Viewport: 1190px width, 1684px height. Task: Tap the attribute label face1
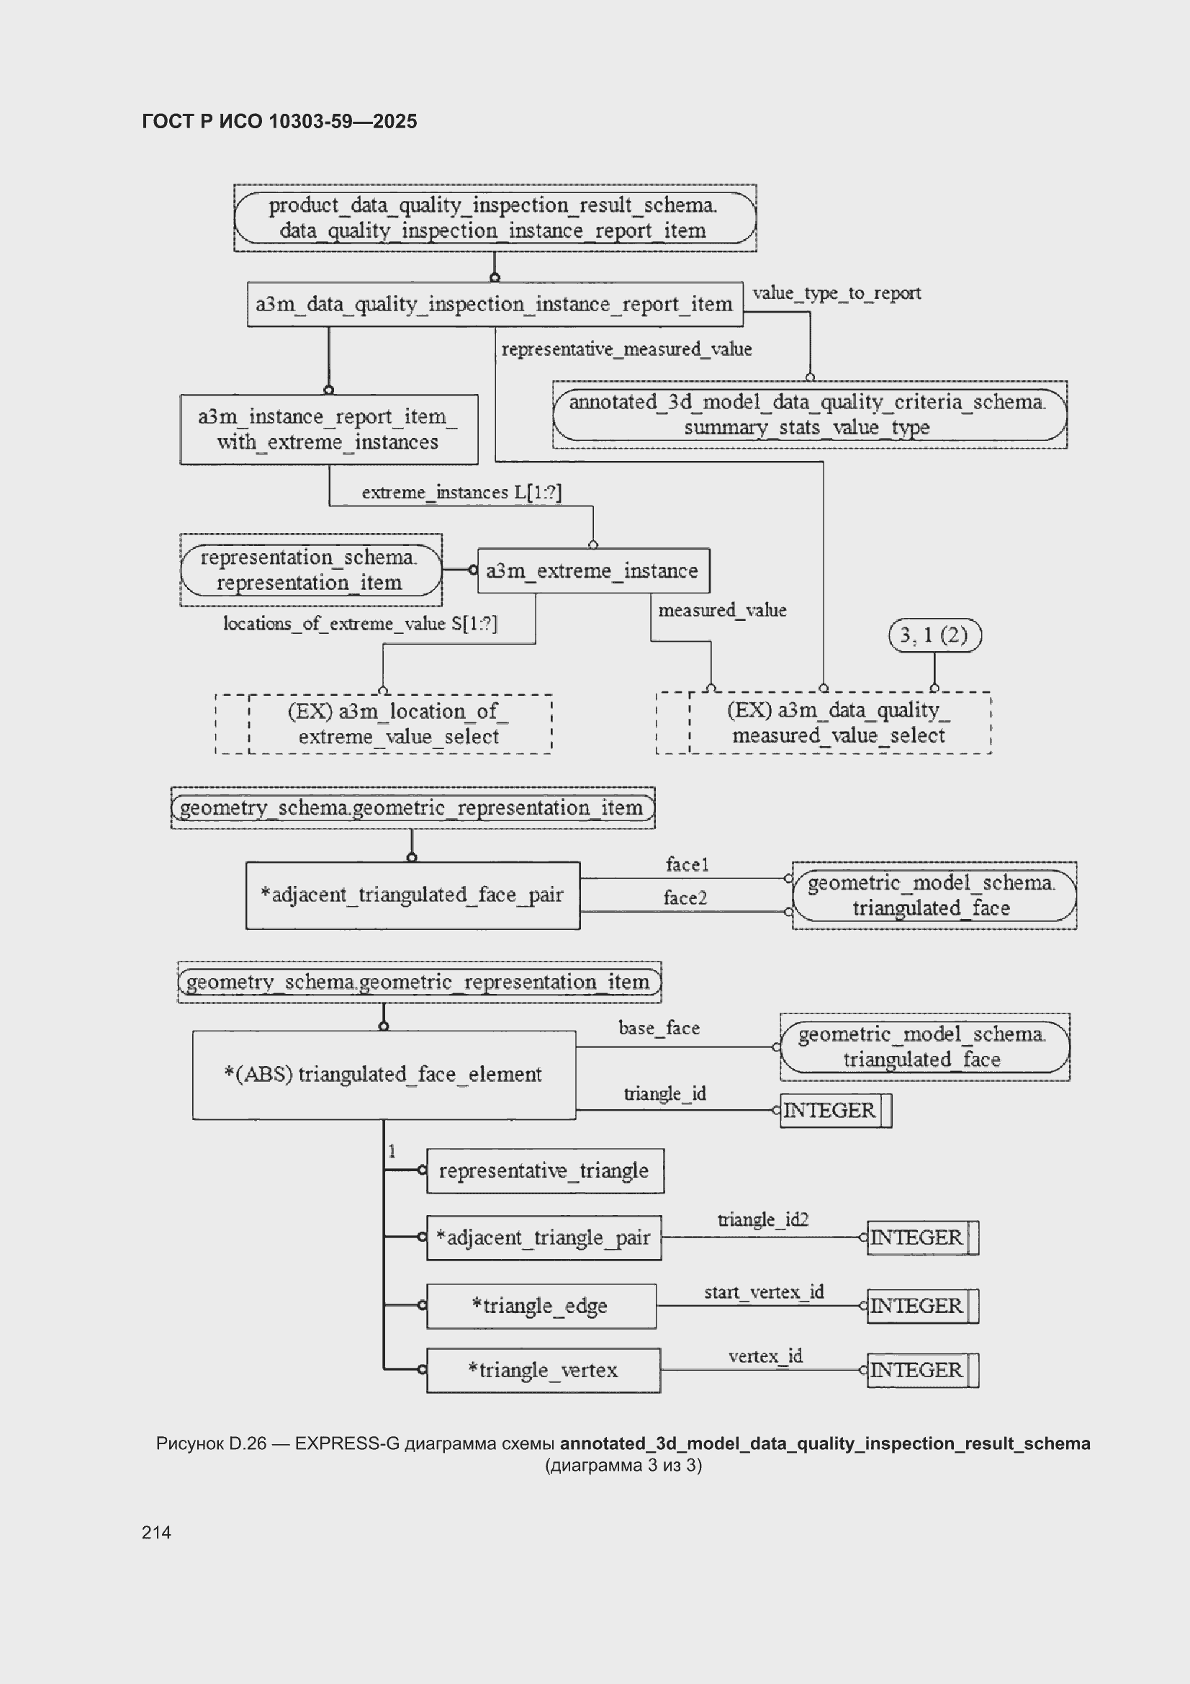[x=687, y=864]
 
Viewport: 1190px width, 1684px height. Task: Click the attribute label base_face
[x=659, y=1028]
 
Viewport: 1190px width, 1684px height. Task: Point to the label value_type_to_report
[x=837, y=292]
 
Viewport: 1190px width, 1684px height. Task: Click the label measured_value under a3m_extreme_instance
[x=722, y=609]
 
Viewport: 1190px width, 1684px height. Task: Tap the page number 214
[x=156, y=1532]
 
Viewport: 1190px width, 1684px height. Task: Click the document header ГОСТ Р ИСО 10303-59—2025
[x=279, y=121]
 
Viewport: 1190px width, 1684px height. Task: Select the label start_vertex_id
[x=764, y=1291]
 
